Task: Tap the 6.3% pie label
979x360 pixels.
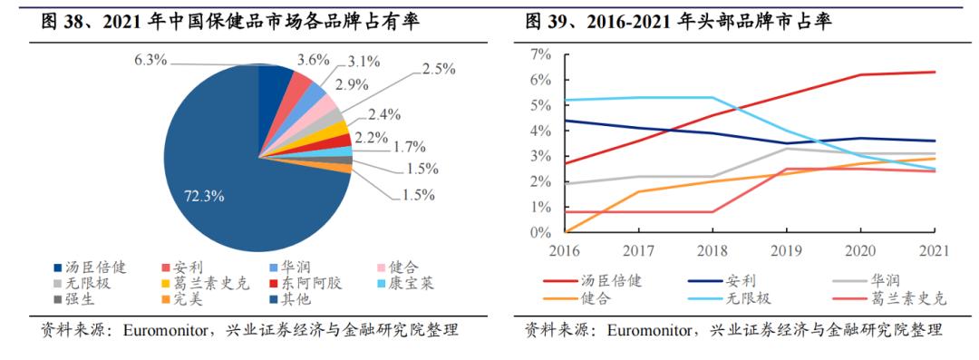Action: point(151,61)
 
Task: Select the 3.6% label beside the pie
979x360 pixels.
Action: point(314,61)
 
